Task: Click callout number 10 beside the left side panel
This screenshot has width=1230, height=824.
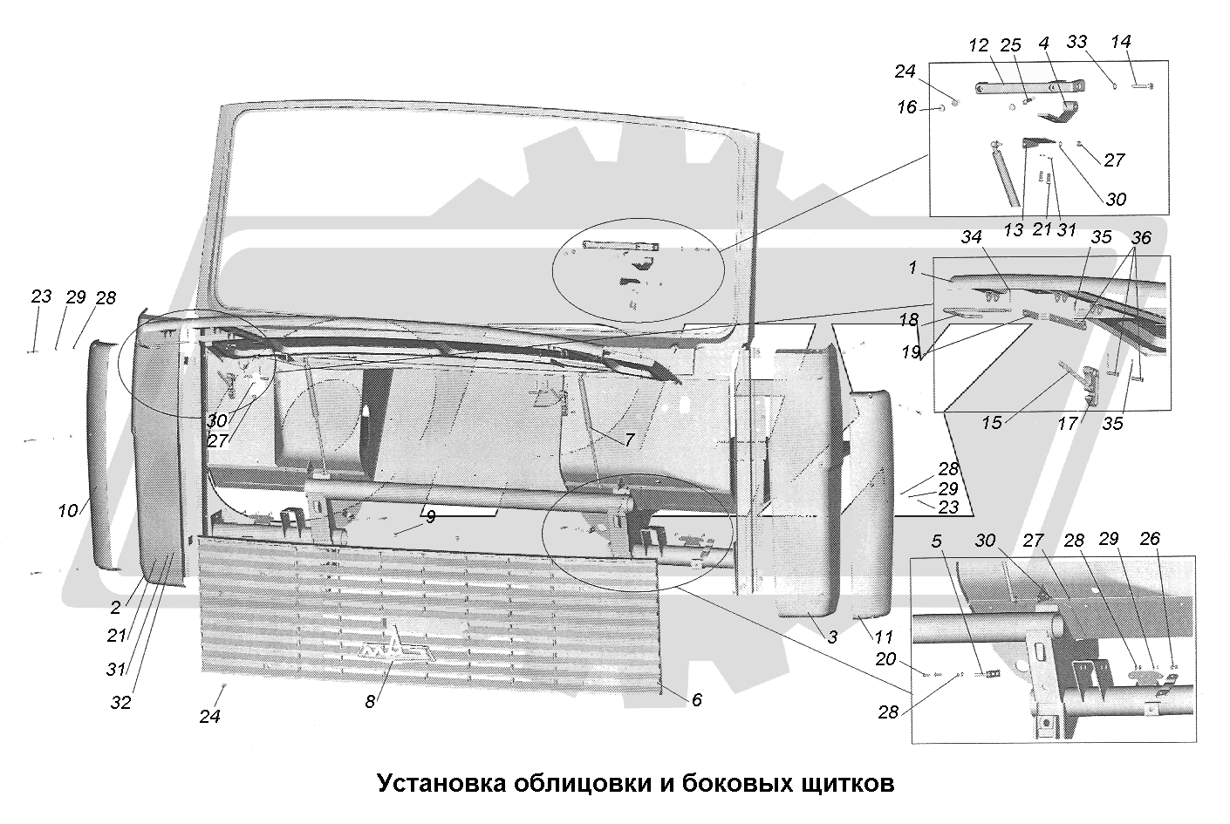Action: (68, 511)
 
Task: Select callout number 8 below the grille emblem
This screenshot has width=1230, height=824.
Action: (370, 701)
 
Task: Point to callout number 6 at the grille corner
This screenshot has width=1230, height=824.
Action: (696, 699)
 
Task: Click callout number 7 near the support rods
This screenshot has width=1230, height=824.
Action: (629, 439)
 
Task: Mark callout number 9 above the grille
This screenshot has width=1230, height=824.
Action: (431, 516)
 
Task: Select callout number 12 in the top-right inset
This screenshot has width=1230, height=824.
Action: (979, 45)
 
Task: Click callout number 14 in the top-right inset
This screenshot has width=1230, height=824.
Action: (1121, 41)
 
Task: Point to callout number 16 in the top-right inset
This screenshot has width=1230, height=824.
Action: (907, 106)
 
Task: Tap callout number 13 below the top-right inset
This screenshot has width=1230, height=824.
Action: (1013, 229)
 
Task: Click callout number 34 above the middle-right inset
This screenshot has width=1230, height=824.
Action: (972, 237)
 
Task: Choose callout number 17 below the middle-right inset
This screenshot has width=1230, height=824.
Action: (1068, 423)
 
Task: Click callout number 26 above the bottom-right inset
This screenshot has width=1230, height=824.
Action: (1149, 539)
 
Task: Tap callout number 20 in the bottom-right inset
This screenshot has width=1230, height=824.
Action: (885, 658)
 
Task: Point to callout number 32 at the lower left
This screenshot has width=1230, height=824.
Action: (120, 702)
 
